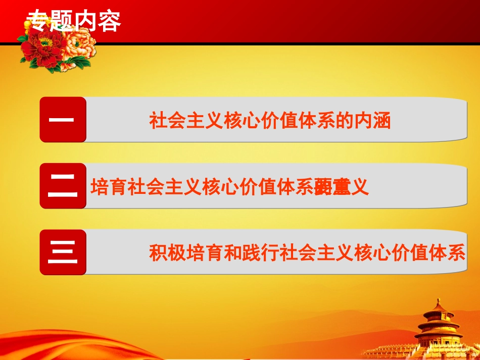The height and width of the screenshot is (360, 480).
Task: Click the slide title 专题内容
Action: click(74, 21)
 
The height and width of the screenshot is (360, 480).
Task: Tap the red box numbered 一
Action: click(63, 120)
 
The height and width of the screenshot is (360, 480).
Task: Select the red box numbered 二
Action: click(63, 186)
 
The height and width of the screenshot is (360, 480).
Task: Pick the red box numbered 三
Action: click(63, 252)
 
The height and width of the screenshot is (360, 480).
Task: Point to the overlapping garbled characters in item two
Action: click(329, 187)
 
